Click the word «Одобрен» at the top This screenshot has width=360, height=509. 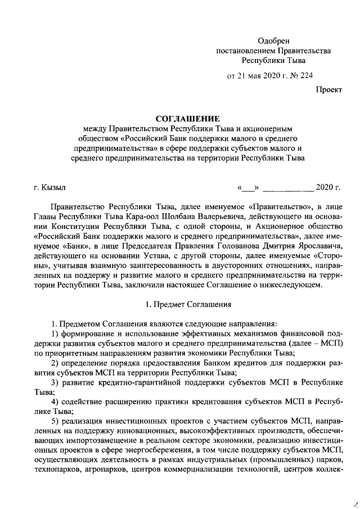273,40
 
